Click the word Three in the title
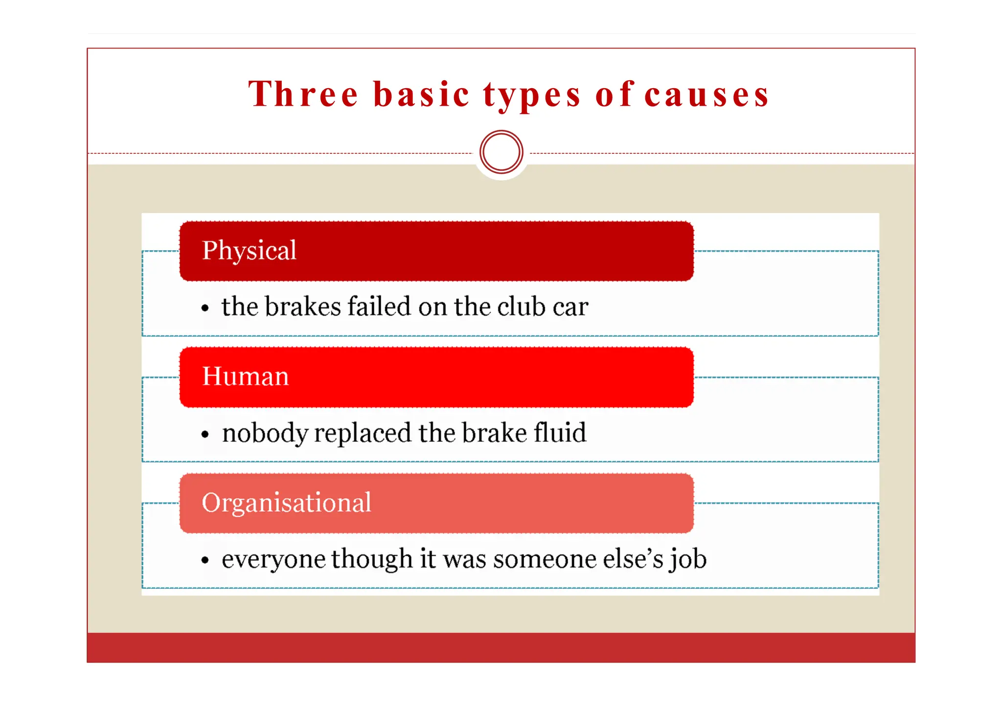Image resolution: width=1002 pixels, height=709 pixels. pyautogui.click(x=303, y=94)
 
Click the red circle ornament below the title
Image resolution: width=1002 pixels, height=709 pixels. pyautogui.click(x=501, y=152)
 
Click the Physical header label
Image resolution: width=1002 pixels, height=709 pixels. pyautogui.click(x=249, y=251)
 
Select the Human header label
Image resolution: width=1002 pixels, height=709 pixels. pyautogui.click(x=245, y=377)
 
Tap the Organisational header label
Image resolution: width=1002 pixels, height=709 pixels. pyautogui.click(x=286, y=503)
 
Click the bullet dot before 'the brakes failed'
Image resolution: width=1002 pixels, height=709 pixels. pyautogui.click(x=205, y=308)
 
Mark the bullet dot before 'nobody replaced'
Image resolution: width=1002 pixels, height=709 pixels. pyautogui.click(x=205, y=434)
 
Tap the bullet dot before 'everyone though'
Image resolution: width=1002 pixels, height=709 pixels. pyautogui.click(x=205, y=561)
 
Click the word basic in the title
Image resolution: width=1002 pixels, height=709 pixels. pyautogui.click(x=421, y=94)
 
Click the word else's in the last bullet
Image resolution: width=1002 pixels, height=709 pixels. pyautogui.click(x=633, y=559)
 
